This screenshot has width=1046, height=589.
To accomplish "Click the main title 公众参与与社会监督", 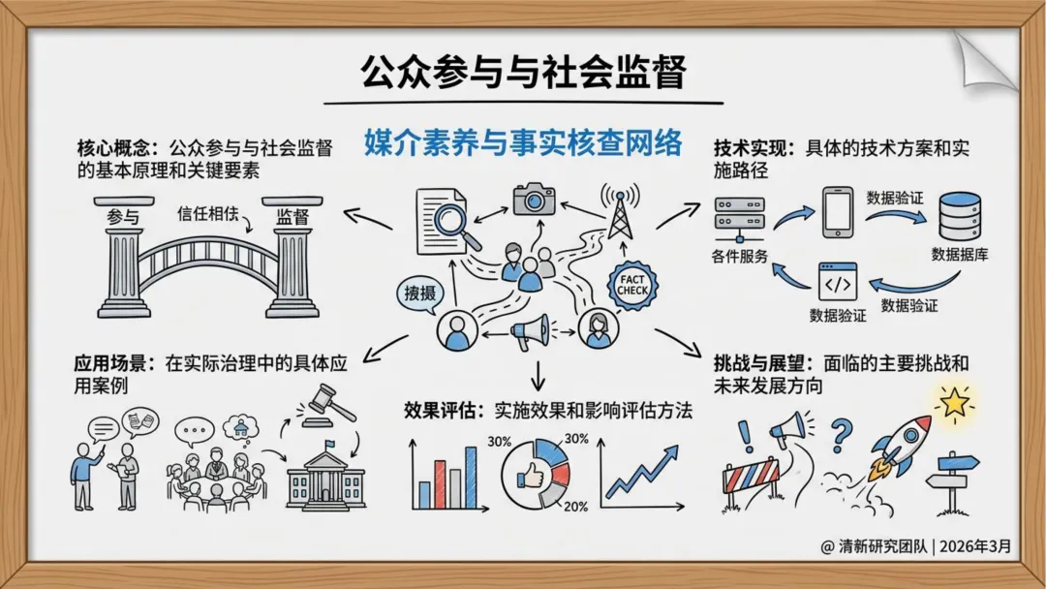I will (523, 73).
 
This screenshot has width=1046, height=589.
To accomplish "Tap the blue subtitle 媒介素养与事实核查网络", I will (523, 143).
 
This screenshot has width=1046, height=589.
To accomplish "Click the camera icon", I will (534, 199).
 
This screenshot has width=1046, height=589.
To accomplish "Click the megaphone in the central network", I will (530, 332).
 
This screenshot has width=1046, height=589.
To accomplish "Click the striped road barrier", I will (751, 476).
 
